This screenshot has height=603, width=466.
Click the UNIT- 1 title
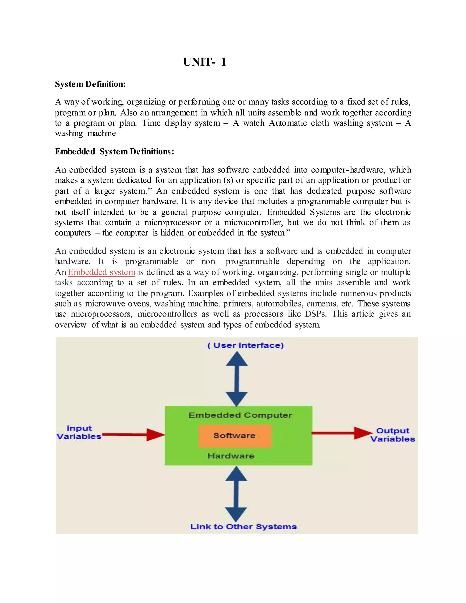205,62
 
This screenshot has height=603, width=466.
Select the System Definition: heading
90,84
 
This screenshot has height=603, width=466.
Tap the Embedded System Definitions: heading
114,152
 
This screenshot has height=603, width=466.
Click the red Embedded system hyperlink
101,272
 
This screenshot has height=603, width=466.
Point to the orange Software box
235,436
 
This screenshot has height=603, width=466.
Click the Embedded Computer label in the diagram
240,415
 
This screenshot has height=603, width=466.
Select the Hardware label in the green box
231,456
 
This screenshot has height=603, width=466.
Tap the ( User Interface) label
246,345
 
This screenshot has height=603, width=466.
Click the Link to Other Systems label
243,527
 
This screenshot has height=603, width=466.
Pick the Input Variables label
79,432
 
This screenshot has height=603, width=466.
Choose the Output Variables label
393,435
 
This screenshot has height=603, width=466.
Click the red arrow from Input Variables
134,435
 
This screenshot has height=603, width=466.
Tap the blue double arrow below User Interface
237,378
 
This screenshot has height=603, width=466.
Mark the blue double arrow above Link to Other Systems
236,494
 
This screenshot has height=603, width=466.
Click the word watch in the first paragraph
253,123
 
